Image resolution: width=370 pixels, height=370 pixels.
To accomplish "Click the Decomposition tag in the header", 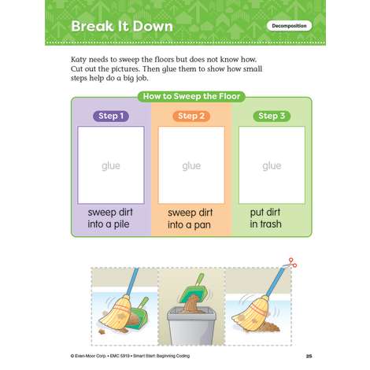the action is click(x=289, y=26).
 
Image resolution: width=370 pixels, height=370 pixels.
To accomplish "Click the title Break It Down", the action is click(x=122, y=26).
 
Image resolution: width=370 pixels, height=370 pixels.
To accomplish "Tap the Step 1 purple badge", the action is click(x=111, y=116).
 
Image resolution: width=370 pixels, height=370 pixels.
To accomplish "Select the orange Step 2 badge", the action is click(x=191, y=116).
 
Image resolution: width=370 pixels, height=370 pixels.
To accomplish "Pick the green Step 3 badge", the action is click(x=272, y=116).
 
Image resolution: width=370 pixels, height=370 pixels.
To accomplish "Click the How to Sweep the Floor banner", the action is click(x=191, y=96).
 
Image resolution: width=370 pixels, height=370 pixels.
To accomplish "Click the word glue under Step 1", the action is click(x=111, y=166).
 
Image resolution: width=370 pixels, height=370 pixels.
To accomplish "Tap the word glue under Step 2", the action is click(x=191, y=166).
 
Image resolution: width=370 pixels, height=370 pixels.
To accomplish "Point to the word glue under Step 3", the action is click(x=272, y=166).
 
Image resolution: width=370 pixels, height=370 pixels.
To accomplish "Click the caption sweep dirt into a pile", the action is click(x=110, y=218).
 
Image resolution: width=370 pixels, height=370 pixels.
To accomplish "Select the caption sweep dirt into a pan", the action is click(x=190, y=219).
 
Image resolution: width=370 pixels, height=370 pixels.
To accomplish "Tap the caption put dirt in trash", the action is click(x=265, y=218).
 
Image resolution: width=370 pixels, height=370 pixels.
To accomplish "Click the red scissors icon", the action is click(x=291, y=263).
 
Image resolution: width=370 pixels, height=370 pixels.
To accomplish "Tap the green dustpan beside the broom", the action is click(x=139, y=313).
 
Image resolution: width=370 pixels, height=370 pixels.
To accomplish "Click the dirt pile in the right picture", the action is click(x=269, y=326).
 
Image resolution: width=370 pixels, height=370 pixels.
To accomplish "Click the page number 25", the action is click(x=309, y=356).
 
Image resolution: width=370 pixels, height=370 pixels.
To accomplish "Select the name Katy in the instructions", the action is click(x=78, y=60).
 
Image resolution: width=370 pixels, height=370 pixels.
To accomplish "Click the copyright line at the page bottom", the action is click(x=130, y=356).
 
